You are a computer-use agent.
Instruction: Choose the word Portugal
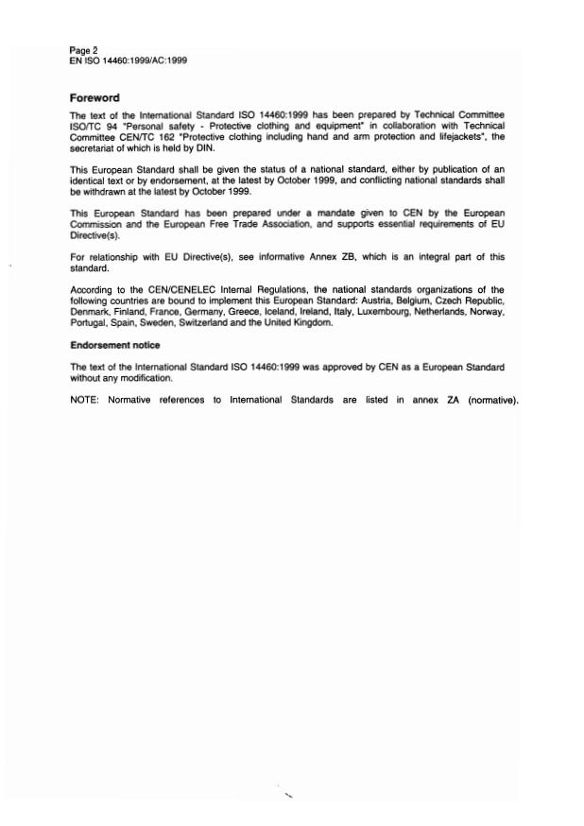point(89,323)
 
